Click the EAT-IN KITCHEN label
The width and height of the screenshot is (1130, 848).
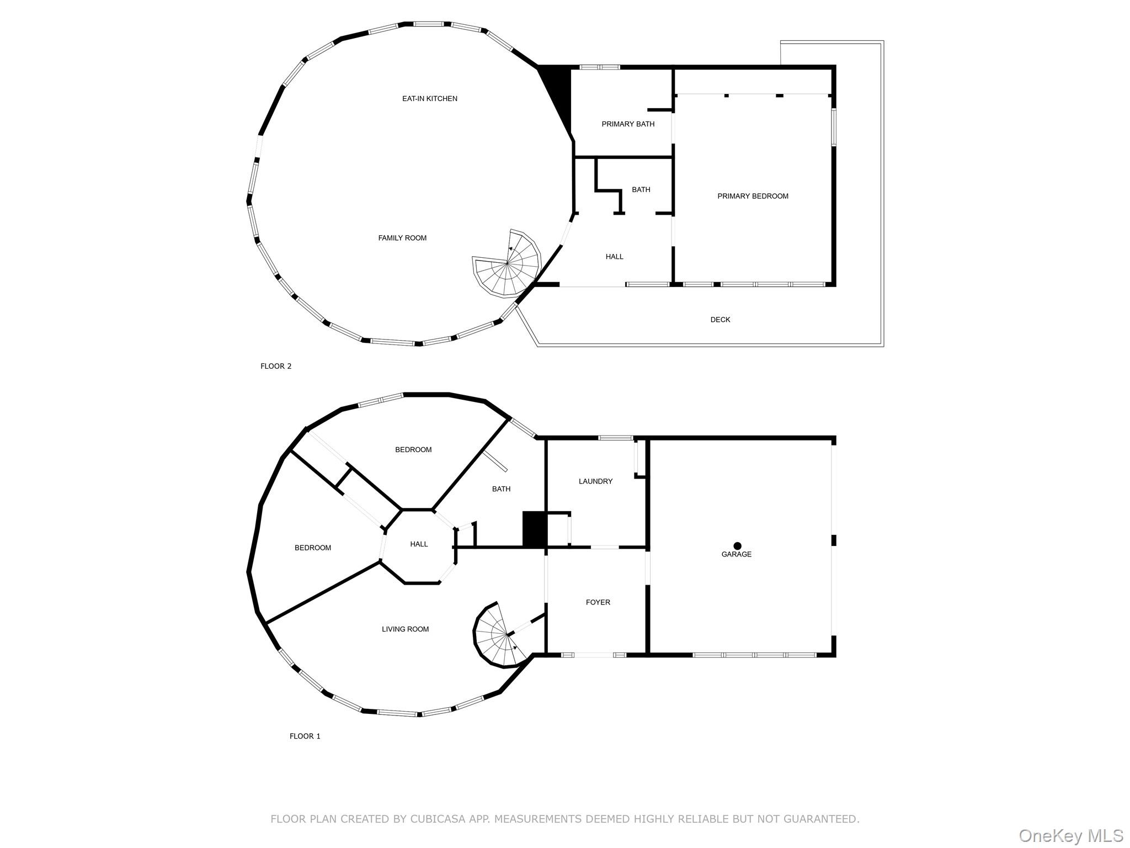point(429,99)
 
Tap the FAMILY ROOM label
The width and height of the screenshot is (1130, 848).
point(402,238)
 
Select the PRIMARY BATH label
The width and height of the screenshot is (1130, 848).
point(628,124)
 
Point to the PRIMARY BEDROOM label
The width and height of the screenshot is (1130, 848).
point(753,196)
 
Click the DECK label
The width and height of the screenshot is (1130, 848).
point(720,320)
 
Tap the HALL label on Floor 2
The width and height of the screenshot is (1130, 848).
point(614,257)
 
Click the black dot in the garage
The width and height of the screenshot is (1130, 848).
point(737,546)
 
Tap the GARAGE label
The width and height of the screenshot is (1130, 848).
point(736,554)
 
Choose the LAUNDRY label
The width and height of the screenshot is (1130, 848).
point(595,481)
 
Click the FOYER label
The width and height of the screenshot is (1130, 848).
point(598,602)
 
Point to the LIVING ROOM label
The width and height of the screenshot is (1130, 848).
point(405,629)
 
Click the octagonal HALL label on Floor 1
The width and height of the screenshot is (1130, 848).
point(419,544)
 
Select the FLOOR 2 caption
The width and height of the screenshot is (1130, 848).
point(276,366)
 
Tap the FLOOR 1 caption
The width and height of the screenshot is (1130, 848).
point(305,736)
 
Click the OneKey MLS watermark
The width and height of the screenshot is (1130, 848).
point(1070,835)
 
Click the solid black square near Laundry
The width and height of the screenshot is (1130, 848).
point(534,529)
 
